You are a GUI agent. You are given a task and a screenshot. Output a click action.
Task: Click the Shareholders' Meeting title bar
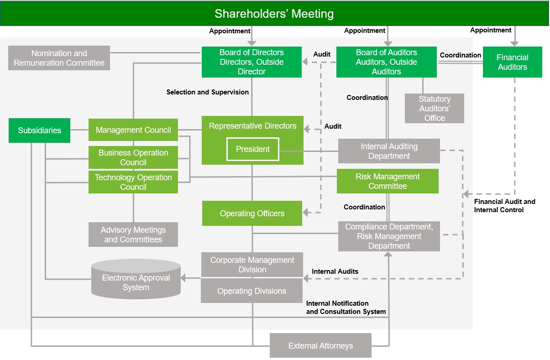point(274,14)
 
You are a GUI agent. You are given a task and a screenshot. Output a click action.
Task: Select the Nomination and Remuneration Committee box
point(59,58)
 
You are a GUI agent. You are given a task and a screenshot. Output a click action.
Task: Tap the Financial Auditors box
point(512,62)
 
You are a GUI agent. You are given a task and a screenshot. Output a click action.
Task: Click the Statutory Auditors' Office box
point(435,109)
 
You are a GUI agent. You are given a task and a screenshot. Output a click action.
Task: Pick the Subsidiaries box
point(39,130)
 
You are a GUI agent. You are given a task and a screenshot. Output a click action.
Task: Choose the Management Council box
point(133,130)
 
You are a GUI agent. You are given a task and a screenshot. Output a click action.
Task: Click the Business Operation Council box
point(133,157)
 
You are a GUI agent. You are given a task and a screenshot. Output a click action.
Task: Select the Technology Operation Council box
point(133,182)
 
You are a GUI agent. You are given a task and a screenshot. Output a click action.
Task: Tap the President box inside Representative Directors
point(253,149)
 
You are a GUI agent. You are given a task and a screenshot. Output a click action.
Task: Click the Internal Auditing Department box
point(389,151)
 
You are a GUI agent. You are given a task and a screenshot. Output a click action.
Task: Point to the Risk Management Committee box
point(388,181)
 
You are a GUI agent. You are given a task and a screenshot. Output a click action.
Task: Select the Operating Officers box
point(252,214)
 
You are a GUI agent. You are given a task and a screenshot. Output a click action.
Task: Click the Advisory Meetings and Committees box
point(133,235)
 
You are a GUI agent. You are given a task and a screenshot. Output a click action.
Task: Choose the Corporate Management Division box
point(252,265)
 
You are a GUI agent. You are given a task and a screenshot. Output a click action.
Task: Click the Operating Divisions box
point(252,291)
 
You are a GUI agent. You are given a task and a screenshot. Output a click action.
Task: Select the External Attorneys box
point(320,346)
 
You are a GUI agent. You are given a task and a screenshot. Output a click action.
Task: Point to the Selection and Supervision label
point(207,92)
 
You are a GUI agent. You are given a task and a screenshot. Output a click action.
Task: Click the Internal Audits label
point(335,271)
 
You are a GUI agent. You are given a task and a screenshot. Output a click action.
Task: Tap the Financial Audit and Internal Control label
point(504,206)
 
